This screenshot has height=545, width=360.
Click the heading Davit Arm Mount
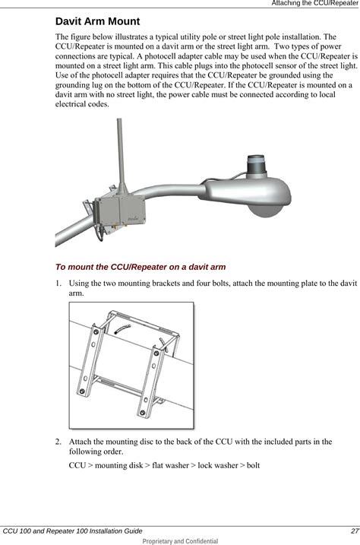(97, 21)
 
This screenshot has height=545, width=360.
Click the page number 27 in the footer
(355, 531)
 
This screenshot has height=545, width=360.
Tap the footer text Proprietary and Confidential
(180, 541)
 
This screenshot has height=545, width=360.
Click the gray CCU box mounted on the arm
(119, 211)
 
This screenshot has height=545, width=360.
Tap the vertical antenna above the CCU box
(121, 155)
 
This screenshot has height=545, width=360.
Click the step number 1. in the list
(58, 284)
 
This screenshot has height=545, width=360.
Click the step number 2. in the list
(58, 442)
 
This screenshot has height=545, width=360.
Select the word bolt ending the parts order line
(253, 465)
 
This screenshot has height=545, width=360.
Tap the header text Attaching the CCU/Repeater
(315, 3)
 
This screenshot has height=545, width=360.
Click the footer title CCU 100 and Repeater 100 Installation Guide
(73, 531)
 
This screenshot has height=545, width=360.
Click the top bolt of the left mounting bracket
(96, 332)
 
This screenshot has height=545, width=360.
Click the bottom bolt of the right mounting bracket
(142, 413)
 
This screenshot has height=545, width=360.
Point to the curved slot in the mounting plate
(122, 329)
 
